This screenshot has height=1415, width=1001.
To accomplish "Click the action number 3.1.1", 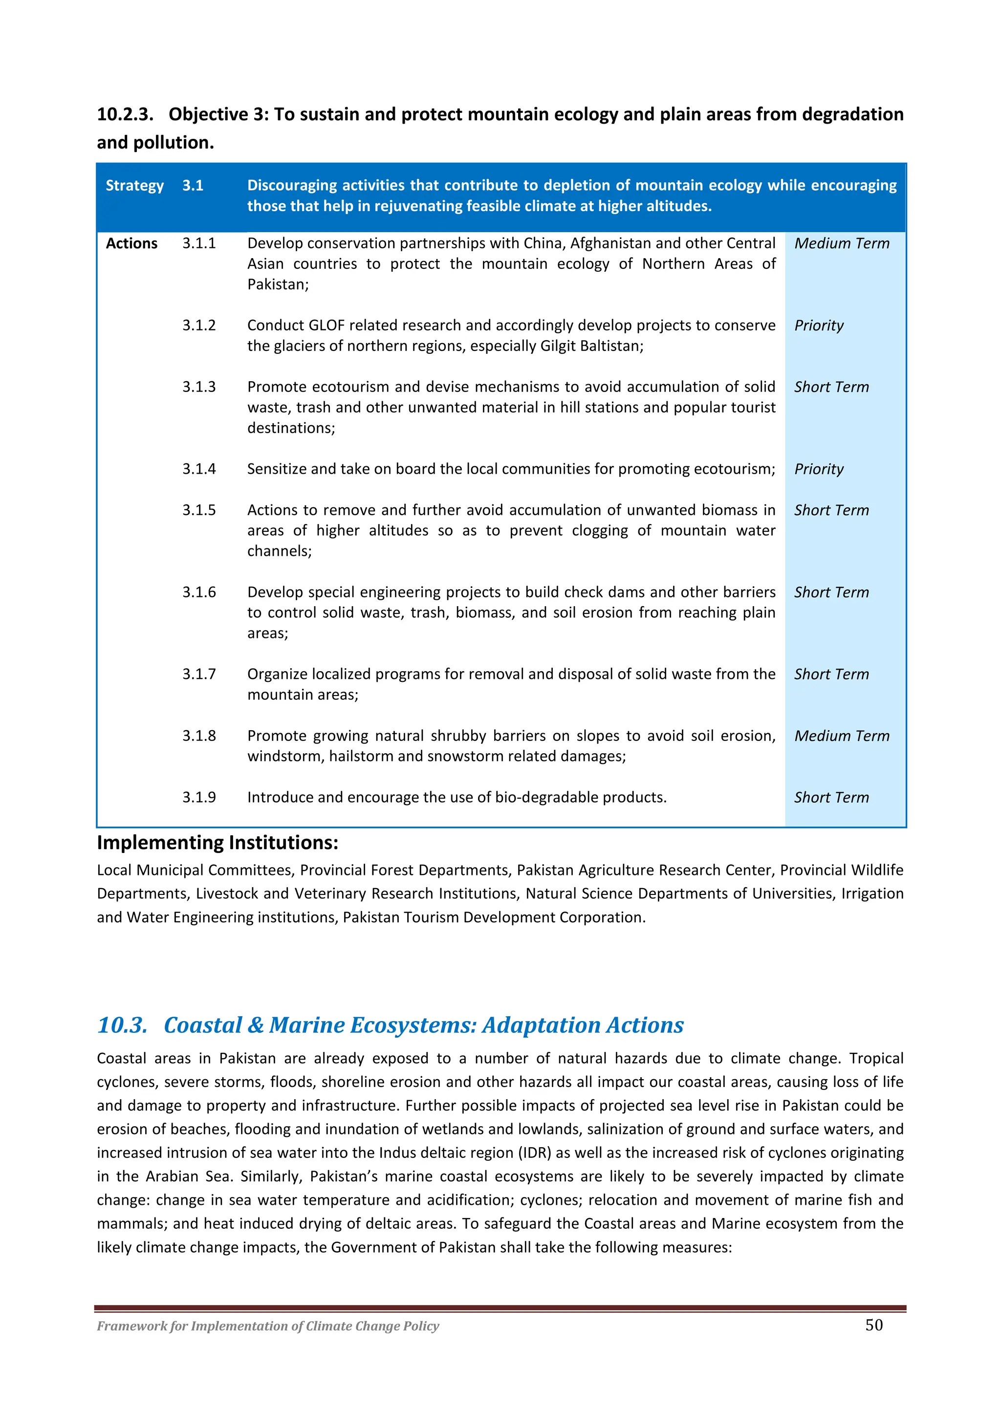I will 198,243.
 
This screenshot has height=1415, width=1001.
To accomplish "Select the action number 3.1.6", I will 198,592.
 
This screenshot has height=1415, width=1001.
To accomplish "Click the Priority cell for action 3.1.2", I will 819,326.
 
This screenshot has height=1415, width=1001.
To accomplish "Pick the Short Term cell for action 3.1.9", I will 831,798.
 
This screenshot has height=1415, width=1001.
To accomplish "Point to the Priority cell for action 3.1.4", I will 819,469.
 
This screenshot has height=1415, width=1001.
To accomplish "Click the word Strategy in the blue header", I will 134,186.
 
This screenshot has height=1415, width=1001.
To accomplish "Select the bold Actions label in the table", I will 131,243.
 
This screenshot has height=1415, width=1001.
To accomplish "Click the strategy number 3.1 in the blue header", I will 192,186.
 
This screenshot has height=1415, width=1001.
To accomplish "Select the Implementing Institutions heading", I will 217,843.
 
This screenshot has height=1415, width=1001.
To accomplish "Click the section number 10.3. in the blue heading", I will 122,1025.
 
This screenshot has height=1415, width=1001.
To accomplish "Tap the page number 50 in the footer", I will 873,1325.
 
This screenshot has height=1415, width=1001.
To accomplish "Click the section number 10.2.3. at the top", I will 125,115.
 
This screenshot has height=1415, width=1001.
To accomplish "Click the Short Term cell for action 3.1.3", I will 831,387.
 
